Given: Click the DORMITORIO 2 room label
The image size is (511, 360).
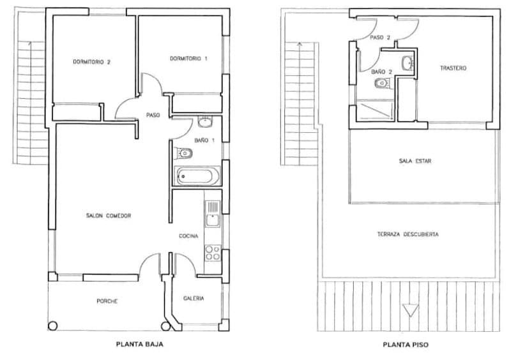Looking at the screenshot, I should [x=92, y=62].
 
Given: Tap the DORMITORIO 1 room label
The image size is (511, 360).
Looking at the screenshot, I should [x=188, y=59].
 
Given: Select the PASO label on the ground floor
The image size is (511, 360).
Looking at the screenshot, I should [x=153, y=116].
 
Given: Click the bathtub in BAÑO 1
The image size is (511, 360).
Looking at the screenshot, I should [x=197, y=176].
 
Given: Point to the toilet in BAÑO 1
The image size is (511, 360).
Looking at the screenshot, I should [x=184, y=153].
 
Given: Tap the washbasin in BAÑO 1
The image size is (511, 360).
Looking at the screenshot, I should [x=206, y=123].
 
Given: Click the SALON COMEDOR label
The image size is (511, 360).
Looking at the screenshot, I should [x=109, y=216].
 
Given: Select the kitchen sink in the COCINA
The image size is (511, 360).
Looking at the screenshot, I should [x=212, y=214].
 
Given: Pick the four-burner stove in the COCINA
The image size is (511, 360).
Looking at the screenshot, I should [x=212, y=252].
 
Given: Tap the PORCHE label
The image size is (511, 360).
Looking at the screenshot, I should [x=107, y=301].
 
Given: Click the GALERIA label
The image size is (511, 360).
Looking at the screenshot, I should [x=194, y=298].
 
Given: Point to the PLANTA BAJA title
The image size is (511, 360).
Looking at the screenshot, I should [x=139, y=345].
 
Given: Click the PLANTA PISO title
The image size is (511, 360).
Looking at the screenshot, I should [x=406, y=345].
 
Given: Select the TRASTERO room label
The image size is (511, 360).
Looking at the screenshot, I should [x=454, y=68].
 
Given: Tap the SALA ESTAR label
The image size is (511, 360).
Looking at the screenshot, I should [x=415, y=161].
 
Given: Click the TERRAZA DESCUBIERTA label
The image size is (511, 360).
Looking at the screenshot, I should [x=408, y=234].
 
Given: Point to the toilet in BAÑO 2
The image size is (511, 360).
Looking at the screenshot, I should [x=382, y=84].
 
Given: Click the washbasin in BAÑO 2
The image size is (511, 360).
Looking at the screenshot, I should [x=408, y=63].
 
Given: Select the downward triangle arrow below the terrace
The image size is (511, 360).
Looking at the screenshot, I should [x=408, y=311].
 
